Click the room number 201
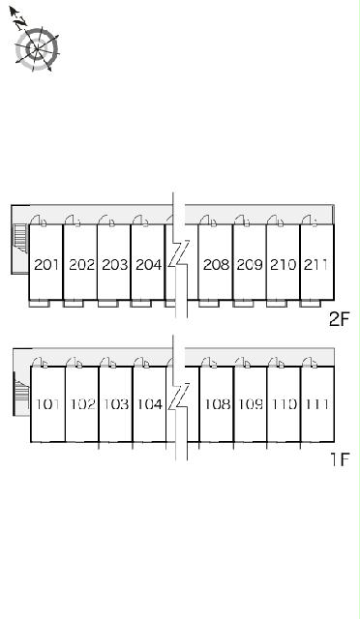[x=46, y=264]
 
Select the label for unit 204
[x=149, y=264]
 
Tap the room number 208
[x=216, y=264]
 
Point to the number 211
[x=315, y=264]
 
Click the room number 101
[x=47, y=404]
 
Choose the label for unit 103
[x=116, y=404]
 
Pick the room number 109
[x=251, y=404]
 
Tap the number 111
[x=316, y=404]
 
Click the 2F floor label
[x=340, y=319]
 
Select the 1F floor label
[x=341, y=458]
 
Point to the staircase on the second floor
[x=19, y=238]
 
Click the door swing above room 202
[x=73, y=221]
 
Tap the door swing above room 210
[x=275, y=221]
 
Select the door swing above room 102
[x=74, y=363]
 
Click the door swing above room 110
[x=276, y=363]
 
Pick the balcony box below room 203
[x=107, y=303]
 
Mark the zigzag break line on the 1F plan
[x=179, y=398]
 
